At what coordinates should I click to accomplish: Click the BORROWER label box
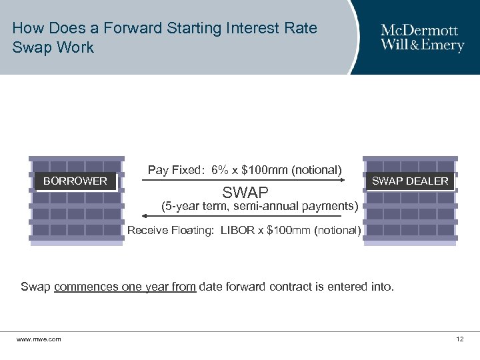75,181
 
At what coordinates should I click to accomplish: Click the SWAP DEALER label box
410,181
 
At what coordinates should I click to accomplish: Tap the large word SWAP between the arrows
245,193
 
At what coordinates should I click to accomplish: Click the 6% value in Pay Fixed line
219,170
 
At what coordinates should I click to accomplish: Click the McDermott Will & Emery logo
422,38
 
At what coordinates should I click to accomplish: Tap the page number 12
459,339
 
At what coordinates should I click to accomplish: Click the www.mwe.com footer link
39,339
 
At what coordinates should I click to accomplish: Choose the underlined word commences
85,287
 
